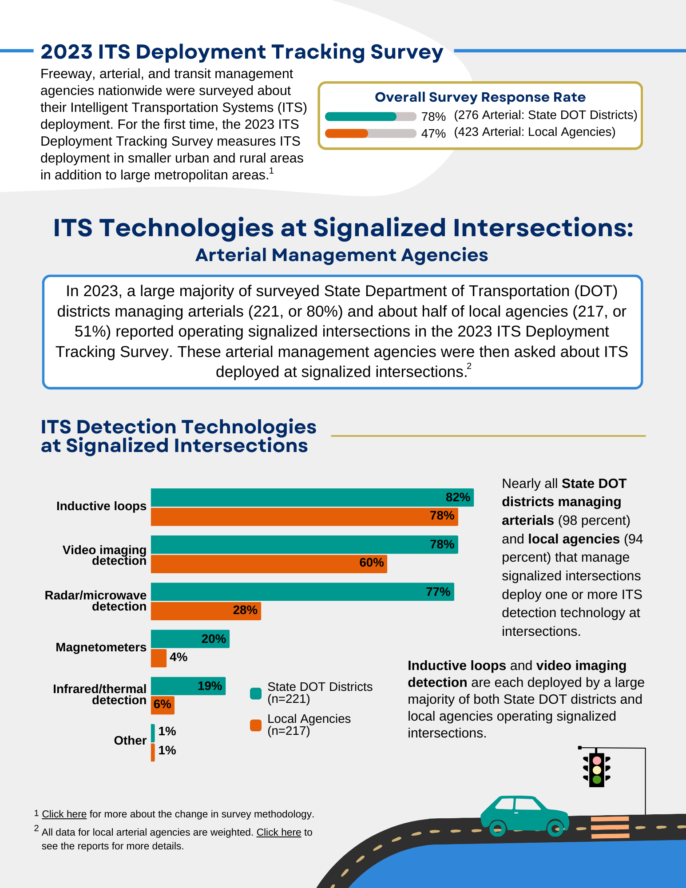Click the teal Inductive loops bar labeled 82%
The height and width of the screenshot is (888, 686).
click(311, 497)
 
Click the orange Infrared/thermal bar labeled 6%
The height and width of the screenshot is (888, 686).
click(163, 705)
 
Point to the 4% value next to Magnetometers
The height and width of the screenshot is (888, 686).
click(178, 657)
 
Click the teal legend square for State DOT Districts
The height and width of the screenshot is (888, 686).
click(256, 693)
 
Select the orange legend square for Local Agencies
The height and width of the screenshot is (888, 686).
click(256, 725)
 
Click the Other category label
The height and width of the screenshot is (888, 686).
click(130, 741)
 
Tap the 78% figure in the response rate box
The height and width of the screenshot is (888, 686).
click(433, 117)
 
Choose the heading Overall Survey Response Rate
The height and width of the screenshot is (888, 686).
click(480, 97)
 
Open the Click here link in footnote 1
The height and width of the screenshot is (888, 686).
click(64, 814)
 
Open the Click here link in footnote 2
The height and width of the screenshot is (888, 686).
click(278, 832)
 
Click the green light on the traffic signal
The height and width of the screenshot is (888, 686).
click(597, 779)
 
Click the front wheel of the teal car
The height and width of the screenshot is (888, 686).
click(555, 828)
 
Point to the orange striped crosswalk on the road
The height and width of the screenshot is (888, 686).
click(610, 827)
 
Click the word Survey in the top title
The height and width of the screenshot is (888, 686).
click(407, 52)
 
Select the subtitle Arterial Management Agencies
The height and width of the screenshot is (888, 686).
click(342, 255)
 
